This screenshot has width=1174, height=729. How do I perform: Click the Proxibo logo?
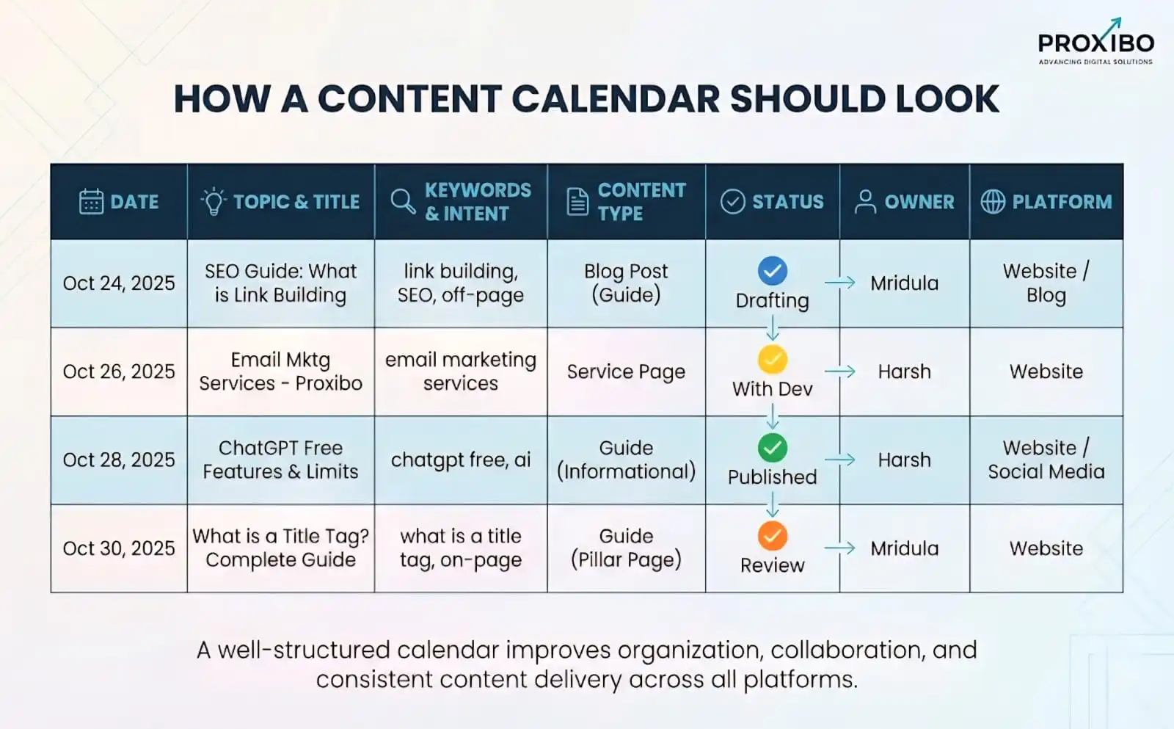[1095, 43]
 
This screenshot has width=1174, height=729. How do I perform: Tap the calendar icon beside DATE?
[91, 202]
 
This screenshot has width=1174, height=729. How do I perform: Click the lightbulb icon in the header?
[214, 201]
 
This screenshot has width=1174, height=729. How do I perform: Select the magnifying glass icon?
[402, 201]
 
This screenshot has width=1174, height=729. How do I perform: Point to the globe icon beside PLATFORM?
[993, 201]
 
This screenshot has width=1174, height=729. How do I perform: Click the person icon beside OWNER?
[865, 201]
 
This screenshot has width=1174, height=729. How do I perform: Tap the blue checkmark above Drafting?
[772, 271]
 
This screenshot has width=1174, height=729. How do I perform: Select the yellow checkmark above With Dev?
[772, 359]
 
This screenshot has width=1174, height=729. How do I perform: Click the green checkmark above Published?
[772, 447]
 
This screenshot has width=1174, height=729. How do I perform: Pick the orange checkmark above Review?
[772, 536]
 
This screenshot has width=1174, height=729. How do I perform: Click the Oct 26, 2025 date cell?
[119, 371]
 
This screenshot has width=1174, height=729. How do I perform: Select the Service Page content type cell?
[626, 371]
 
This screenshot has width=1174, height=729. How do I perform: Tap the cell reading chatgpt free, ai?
[460, 460]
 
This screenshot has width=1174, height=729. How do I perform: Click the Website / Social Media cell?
[1046, 460]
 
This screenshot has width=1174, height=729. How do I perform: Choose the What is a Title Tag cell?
[280, 548]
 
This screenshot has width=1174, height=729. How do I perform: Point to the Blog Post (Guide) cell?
[626, 283]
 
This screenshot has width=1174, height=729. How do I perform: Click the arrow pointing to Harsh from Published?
[839, 460]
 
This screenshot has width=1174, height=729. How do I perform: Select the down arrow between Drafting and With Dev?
[772, 327]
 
